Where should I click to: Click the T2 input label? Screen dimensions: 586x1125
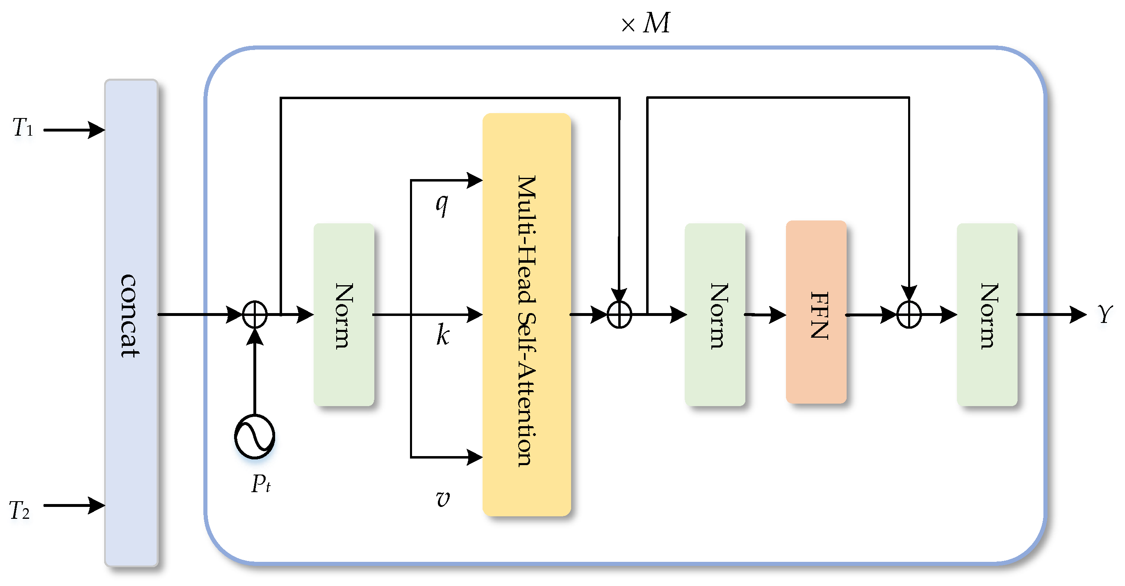(20, 510)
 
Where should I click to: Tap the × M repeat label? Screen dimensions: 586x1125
(645, 23)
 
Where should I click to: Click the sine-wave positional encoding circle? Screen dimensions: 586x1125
(254, 436)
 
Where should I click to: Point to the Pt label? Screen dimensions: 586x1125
(261, 484)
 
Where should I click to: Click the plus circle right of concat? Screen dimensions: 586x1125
(255, 314)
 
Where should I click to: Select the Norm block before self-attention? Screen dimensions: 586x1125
(344, 314)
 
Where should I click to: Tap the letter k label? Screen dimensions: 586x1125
(442, 335)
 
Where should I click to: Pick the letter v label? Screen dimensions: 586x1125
(442, 498)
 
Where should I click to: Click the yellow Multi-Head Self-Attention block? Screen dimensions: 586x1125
(526, 314)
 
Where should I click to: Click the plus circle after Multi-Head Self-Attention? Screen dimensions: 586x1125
(619, 314)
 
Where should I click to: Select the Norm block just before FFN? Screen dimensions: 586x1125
(715, 314)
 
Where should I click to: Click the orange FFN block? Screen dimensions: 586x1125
(816, 312)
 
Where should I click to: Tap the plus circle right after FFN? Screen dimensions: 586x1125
(909, 314)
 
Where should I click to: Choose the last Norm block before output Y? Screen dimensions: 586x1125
(986, 314)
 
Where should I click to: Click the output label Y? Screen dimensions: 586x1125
(1105, 314)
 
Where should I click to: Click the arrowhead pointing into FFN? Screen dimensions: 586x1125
(778, 314)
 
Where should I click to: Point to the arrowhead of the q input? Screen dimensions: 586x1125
(475, 180)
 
